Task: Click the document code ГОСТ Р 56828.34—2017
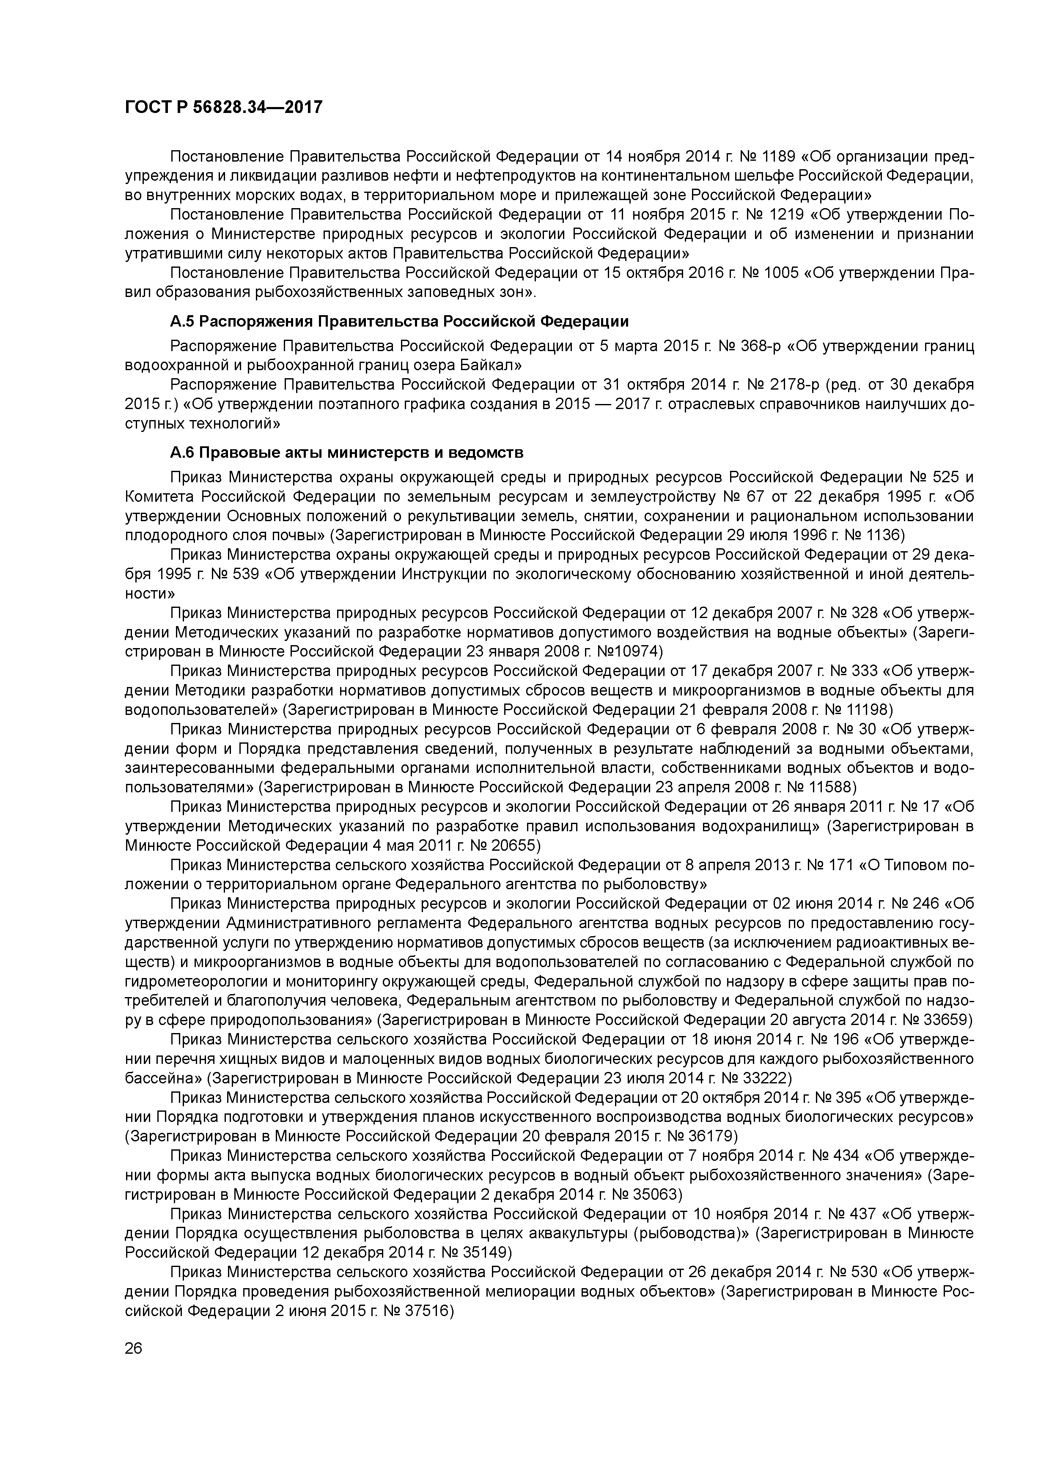point(223,107)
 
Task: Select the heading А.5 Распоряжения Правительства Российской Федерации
point(399,321)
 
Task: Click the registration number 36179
point(710,1136)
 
